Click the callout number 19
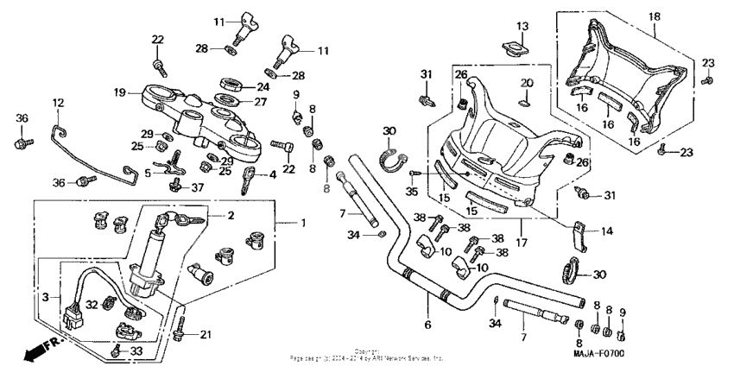point(120,92)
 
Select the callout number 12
point(58,103)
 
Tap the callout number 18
point(653,16)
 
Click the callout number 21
point(205,334)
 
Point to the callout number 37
point(199,186)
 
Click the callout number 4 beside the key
point(273,175)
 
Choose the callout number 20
point(525,83)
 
